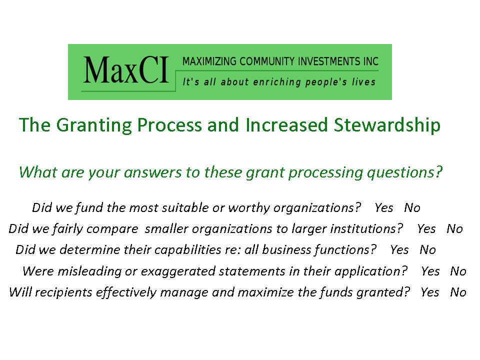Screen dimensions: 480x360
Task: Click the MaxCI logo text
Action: (x=126, y=70)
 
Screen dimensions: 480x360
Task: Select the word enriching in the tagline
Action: (x=277, y=82)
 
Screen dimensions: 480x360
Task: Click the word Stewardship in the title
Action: (x=387, y=125)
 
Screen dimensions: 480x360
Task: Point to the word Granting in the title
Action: (x=94, y=125)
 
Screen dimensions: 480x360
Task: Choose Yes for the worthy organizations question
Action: (x=384, y=208)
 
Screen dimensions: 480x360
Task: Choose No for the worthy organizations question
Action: (x=412, y=208)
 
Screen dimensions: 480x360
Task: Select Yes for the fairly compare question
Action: (x=426, y=228)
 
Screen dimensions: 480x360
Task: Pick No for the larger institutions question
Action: (x=454, y=228)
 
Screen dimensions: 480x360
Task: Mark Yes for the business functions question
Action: (x=399, y=250)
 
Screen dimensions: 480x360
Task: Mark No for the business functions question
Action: (x=427, y=250)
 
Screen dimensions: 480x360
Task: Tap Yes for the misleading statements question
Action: (x=430, y=271)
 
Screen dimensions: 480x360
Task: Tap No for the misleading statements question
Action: (x=458, y=271)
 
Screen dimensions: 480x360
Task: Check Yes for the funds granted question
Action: (x=430, y=292)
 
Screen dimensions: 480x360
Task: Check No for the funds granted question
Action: (x=458, y=292)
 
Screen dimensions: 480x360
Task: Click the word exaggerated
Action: (x=178, y=272)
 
